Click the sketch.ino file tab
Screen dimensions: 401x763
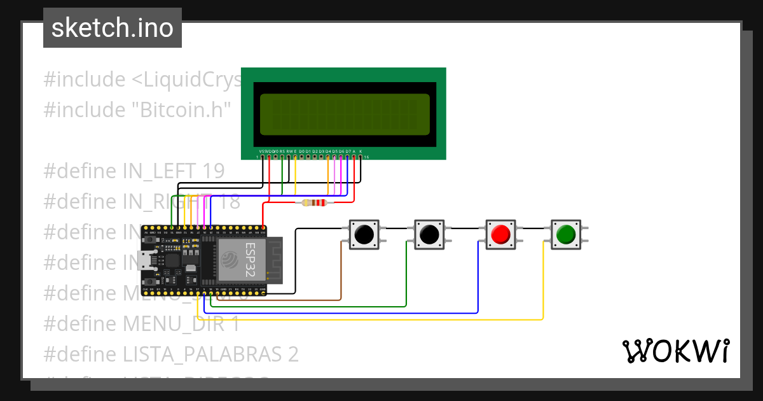(113, 28)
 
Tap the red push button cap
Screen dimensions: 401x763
(500, 234)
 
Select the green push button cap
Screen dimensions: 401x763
(565, 234)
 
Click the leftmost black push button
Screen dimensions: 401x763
(364, 234)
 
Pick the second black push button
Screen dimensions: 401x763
(429, 234)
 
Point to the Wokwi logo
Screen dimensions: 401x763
(675, 351)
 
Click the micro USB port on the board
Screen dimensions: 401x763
(144, 260)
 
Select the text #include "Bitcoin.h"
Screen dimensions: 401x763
(137, 109)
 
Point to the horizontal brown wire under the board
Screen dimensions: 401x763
(280, 299)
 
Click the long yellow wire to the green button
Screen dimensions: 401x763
(381, 319)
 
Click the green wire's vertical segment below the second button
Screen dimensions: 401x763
(406, 274)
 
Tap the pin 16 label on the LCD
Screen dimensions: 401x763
(367, 157)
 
